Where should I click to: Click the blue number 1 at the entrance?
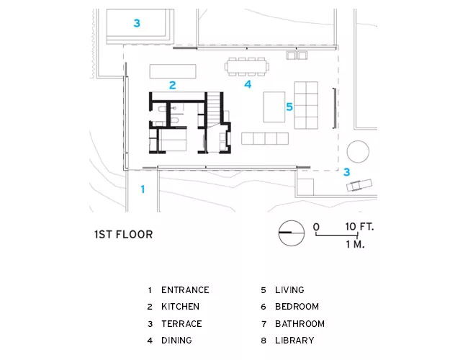click(143, 189)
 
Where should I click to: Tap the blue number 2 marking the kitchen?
click(173, 86)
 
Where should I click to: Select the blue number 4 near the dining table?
click(248, 84)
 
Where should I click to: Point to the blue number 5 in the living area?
click(289, 107)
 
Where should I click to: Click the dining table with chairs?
click(247, 66)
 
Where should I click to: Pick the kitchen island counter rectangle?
click(173, 71)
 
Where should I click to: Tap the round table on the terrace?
click(358, 152)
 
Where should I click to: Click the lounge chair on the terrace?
click(359, 185)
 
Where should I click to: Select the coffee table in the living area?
click(274, 107)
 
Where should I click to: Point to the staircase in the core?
click(214, 110)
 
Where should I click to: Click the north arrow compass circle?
click(292, 233)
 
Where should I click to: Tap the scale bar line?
click(337, 235)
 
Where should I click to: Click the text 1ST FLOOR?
click(124, 234)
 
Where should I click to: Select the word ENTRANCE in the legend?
click(185, 290)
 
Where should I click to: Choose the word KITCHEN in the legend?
click(180, 307)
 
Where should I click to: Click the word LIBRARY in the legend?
click(294, 341)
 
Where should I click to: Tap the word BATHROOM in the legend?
click(300, 323)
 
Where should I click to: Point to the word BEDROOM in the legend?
click(297, 307)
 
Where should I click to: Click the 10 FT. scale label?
click(359, 227)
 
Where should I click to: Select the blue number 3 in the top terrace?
click(137, 23)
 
